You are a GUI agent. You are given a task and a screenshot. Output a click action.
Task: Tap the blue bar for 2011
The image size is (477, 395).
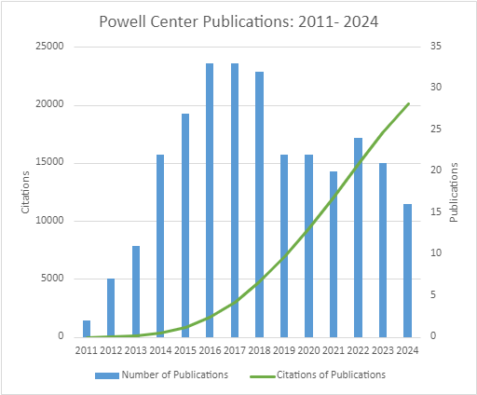click(87, 328)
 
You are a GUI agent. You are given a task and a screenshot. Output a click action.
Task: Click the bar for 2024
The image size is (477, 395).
click(407, 270)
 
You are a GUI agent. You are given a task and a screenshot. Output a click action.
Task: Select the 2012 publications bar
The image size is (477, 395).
click(111, 307)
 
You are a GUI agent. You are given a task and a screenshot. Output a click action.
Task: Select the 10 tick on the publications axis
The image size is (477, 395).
click(432, 253)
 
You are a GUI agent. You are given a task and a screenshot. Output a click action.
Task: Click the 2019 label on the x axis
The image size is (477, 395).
click(284, 350)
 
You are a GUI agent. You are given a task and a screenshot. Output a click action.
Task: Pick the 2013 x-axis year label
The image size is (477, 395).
click(136, 350)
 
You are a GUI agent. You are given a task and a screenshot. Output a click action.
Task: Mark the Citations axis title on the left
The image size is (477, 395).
click(27, 191)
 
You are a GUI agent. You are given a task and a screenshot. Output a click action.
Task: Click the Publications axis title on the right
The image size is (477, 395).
click(454, 191)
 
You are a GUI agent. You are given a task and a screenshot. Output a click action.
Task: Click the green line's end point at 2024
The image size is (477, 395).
click(408, 103)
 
